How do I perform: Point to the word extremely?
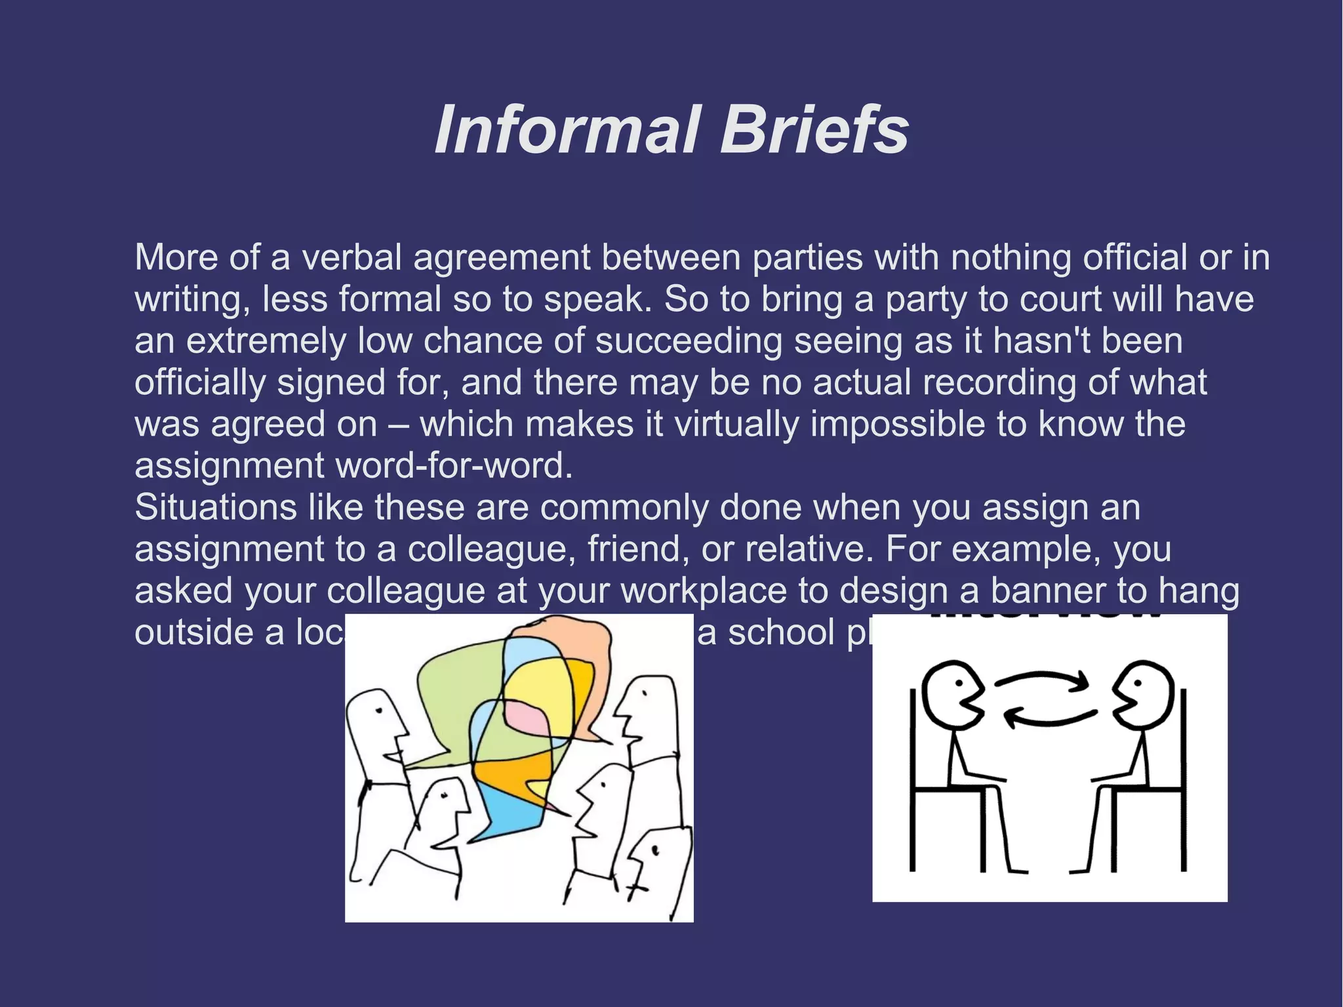pyautogui.click(x=266, y=341)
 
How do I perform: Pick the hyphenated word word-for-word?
pyautogui.click(x=454, y=466)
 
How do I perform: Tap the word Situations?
pyautogui.click(x=216, y=508)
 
